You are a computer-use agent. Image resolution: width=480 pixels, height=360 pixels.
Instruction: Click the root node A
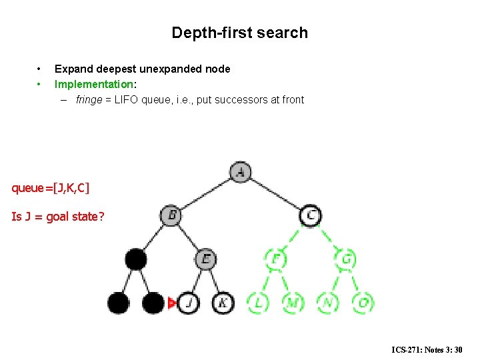[x=240, y=172]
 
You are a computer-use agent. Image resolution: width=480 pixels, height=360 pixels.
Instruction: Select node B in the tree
[x=171, y=215]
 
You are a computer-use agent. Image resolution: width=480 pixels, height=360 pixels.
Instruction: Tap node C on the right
[x=311, y=215]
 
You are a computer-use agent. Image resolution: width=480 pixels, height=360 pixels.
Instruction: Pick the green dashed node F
[x=275, y=258]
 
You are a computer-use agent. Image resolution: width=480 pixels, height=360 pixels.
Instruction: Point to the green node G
[x=346, y=258]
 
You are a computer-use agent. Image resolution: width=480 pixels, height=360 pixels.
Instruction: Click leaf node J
[x=189, y=303]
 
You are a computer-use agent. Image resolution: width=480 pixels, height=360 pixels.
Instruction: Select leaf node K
[x=223, y=303]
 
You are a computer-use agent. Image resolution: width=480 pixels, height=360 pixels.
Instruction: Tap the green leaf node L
[x=258, y=303]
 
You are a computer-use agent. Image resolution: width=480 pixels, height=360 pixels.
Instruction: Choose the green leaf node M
[x=293, y=303]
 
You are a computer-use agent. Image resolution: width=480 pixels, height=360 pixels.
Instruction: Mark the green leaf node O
[x=363, y=303]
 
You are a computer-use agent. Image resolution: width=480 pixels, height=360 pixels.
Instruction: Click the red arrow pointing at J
[x=172, y=303]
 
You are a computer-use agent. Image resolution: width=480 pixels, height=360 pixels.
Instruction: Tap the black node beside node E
[x=136, y=258]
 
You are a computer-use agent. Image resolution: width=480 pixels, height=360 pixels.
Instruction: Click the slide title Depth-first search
[x=239, y=33]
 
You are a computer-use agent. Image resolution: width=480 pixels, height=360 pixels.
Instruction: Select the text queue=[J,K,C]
[x=50, y=188]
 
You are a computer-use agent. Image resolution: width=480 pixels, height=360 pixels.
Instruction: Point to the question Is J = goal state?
[x=57, y=217]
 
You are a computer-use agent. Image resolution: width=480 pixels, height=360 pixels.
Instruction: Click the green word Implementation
[x=93, y=85]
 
